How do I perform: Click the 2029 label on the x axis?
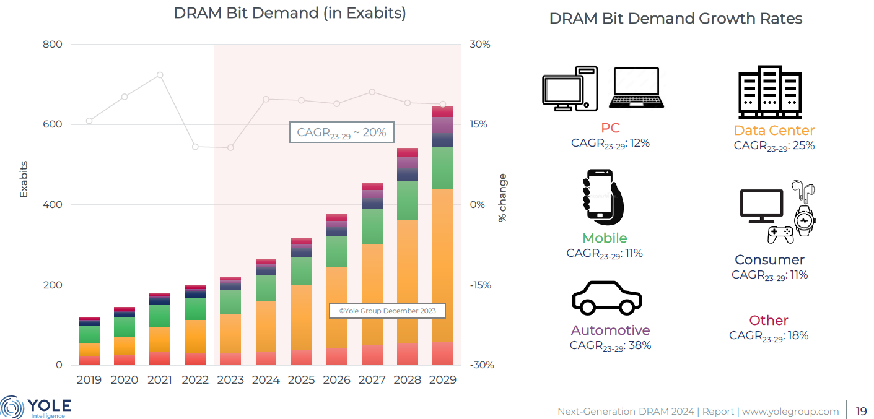click(442, 380)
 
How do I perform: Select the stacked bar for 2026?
click(336, 291)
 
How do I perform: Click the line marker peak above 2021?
click(160, 75)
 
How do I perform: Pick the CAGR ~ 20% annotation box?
click(341, 132)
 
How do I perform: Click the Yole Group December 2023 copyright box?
click(387, 311)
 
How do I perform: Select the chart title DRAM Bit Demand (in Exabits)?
click(290, 13)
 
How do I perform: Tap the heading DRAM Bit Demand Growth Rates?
click(676, 19)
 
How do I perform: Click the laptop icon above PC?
click(636, 87)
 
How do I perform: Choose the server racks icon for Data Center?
click(769, 92)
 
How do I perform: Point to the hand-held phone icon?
click(602, 199)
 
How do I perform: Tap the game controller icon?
click(780, 234)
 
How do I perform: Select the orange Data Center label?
click(774, 131)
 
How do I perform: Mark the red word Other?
click(769, 321)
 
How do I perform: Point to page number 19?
click(861, 411)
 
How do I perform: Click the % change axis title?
click(502, 198)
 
